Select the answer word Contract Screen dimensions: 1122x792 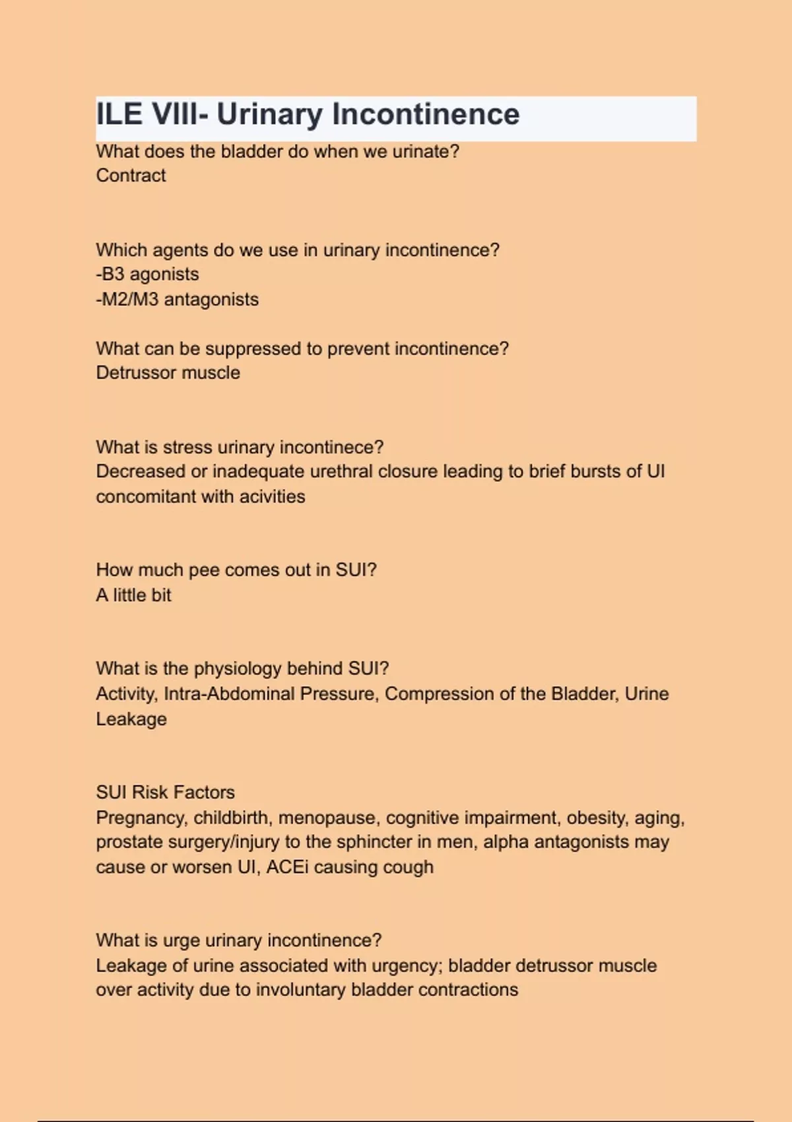[131, 176]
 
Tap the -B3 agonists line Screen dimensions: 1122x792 [147, 274]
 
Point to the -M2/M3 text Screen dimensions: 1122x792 [127, 299]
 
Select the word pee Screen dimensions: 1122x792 [204, 570]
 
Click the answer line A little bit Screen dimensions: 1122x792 [133, 595]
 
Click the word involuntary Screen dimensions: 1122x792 [300, 990]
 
